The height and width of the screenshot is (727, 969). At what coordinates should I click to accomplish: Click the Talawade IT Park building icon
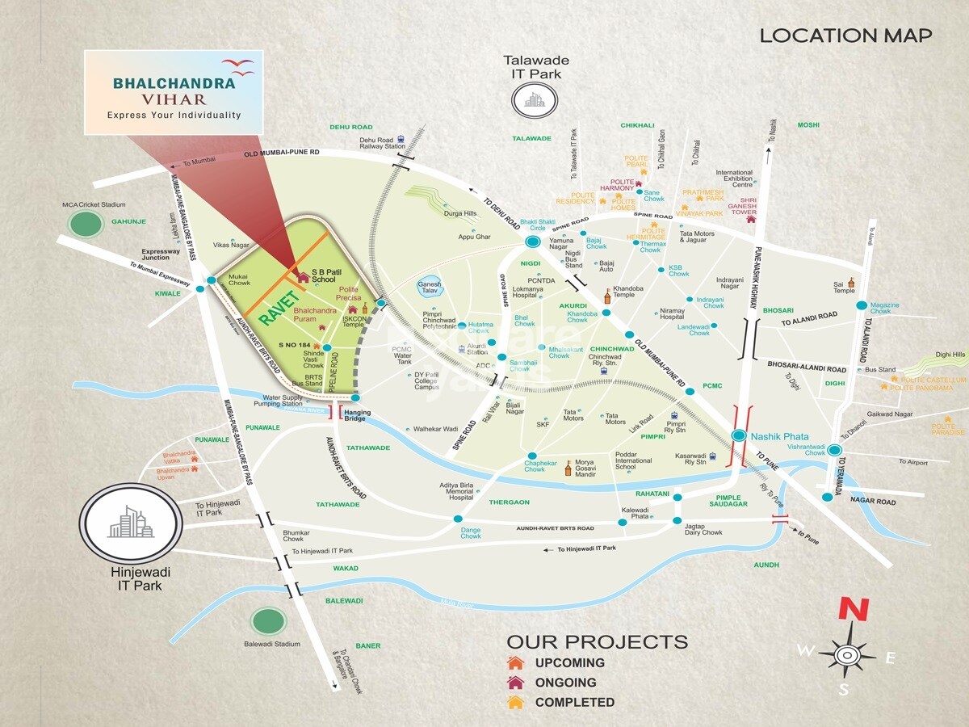pyautogui.click(x=534, y=99)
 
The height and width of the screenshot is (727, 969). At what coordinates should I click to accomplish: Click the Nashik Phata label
pyautogui.click(x=779, y=436)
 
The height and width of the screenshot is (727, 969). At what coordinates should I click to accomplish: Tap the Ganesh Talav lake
pyautogui.click(x=429, y=288)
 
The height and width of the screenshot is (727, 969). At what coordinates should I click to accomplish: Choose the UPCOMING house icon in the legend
pyautogui.click(x=516, y=662)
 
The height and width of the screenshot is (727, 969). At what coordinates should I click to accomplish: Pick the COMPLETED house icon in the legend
pyautogui.click(x=516, y=702)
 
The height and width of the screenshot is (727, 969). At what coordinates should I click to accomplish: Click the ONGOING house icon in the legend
pyautogui.click(x=516, y=683)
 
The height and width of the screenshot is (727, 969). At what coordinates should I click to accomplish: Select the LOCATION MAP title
pyautogui.click(x=845, y=36)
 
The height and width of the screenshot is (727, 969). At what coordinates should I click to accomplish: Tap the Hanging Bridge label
pyautogui.click(x=358, y=416)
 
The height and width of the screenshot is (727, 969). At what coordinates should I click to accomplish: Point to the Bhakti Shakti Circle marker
pyautogui.click(x=532, y=242)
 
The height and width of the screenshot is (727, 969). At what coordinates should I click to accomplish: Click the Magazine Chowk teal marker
pyautogui.click(x=862, y=305)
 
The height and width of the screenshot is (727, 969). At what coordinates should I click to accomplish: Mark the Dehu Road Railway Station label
pyautogui.click(x=382, y=143)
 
